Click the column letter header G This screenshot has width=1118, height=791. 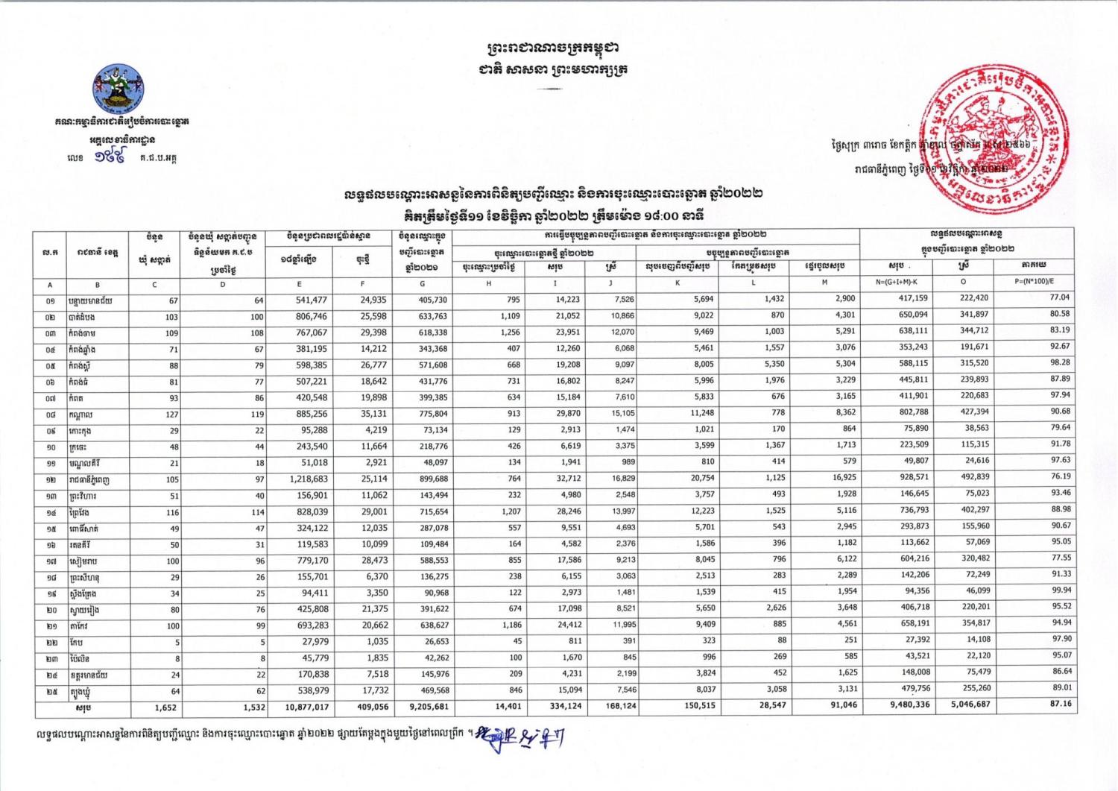(423, 283)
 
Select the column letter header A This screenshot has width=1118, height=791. (50, 284)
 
